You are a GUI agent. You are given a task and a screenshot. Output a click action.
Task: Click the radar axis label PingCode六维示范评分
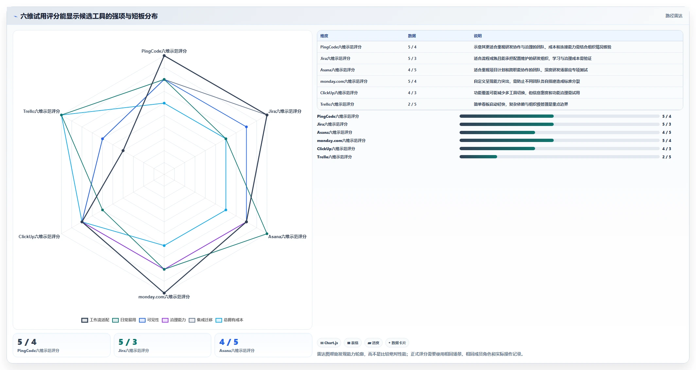(164, 51)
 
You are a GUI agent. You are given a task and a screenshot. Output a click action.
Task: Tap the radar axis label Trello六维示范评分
(42, 111)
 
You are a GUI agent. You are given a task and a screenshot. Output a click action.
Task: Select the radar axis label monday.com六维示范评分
(164, 297)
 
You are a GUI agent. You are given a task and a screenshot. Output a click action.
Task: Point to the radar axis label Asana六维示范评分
(287, 237)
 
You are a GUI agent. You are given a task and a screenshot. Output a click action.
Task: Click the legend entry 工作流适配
(96, 320)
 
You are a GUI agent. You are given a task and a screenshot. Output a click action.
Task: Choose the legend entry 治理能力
(174, 320)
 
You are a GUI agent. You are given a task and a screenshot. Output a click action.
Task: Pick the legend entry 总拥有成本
(230, 320)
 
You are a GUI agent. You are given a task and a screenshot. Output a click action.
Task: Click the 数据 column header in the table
(412, 36)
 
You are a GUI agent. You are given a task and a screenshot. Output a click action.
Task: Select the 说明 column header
(478, 36)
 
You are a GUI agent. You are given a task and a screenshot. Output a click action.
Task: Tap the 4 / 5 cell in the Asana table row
(412, 70)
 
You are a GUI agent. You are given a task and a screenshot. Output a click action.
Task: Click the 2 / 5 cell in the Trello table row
(412, 104)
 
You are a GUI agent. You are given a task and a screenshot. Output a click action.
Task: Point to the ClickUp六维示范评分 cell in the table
(339, 93)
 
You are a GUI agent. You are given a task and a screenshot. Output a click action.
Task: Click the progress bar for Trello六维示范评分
(559, 157)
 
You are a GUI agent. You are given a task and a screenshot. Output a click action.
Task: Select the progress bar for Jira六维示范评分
(559, 124)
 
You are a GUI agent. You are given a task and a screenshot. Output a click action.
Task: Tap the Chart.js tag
(329, 343)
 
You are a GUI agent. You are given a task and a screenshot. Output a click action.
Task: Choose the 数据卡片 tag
(397, 343)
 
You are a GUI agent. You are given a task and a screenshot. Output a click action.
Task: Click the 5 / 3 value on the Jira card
(128, 342)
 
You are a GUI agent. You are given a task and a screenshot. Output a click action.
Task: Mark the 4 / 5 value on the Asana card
(229, 342)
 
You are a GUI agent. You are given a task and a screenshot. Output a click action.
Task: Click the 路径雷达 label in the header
(674, 16)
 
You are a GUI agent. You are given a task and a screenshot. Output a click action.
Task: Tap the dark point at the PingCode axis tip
(164, 56)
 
